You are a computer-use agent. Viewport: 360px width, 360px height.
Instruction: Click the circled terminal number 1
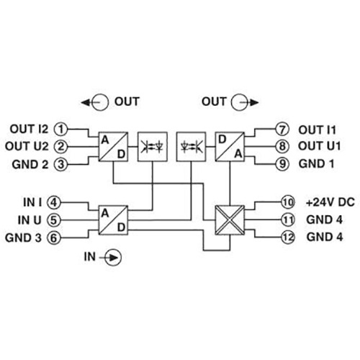[60, 129]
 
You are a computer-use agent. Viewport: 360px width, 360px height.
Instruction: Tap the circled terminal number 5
[54, 220]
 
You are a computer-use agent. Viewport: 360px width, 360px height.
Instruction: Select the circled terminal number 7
[282, 130]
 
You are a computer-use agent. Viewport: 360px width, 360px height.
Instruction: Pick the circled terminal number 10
[288, 202]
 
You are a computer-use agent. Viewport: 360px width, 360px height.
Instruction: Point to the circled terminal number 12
[288, 238]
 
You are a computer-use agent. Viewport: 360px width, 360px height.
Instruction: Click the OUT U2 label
[27, 146]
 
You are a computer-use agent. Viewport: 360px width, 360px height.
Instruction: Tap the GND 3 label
[23, 238]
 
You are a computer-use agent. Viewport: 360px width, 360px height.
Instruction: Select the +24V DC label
[330, 202]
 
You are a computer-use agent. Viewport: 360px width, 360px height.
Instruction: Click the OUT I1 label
[317, 130]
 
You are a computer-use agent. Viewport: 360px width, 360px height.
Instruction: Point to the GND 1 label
[316, 164]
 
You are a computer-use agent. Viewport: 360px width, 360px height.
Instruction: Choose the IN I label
[32, 202]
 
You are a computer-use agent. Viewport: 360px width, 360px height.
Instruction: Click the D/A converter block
[230, 146]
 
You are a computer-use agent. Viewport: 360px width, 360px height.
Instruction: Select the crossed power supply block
[230, 220]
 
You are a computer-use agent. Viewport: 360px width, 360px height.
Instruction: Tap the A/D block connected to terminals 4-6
[113, 220]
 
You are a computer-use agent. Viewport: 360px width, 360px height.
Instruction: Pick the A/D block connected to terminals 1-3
[113, 146]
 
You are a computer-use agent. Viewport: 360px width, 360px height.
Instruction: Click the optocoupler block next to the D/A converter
[191, 146]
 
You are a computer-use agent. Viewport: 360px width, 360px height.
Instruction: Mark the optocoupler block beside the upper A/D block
[153, 146]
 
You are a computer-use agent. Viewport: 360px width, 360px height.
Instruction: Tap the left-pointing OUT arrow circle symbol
[95, 102]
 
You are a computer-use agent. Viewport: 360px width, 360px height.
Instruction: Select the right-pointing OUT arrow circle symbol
[245, 102]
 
